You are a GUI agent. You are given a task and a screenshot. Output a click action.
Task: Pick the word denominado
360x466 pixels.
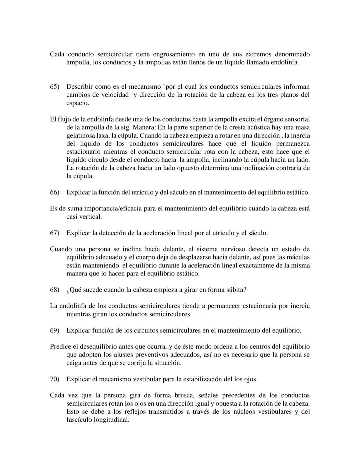pos(292,54)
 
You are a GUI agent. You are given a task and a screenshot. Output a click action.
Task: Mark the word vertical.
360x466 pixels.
pos(90,217)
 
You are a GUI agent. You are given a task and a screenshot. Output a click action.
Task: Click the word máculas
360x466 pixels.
pos(298,258)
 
